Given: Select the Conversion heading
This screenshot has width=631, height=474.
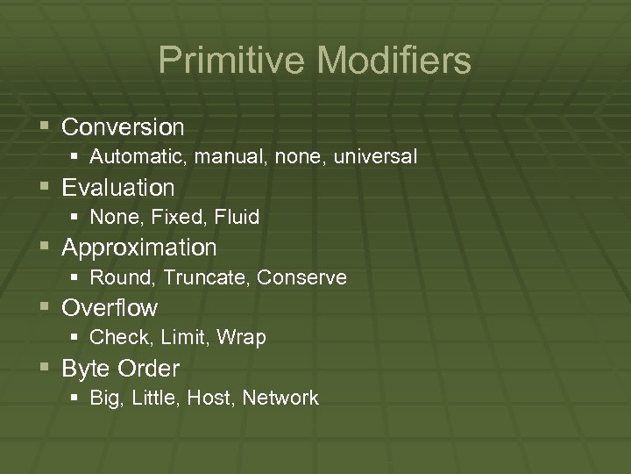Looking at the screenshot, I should (x=123, y=127).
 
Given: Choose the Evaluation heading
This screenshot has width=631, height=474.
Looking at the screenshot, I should (x=118, y=187).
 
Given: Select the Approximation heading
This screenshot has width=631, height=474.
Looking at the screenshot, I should (x=138, y=248).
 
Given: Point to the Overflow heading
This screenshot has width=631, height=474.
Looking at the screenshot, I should (x=110, y=308).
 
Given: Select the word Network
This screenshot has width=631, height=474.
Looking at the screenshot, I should (x=280, y=399).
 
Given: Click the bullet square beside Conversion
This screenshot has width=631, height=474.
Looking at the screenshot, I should (x=46, y=128).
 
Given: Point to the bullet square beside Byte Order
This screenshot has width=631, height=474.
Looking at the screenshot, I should (x=46, y=369).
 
